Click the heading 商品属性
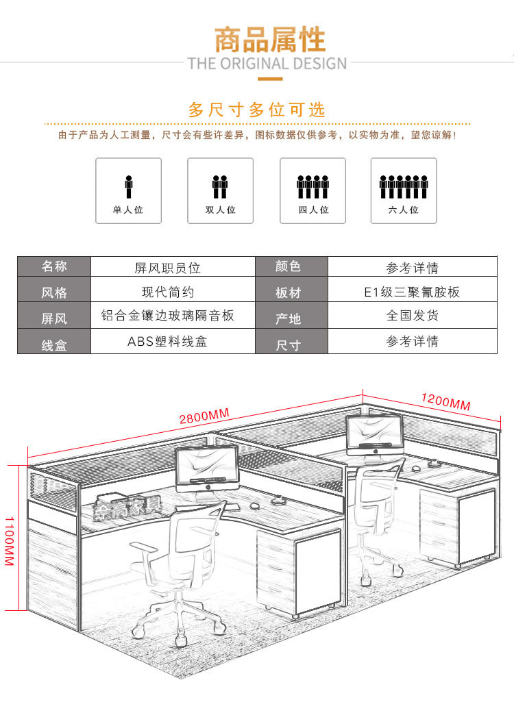click(x=269, y=40)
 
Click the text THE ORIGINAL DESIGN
click(x=267, y=64)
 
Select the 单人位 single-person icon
click(x=128, y=190)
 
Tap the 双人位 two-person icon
click(x=220, y=190)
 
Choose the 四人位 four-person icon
click(x=313, y=190)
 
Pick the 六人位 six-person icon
click(x=404, y=190)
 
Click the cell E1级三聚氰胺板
click(x=412, y=292)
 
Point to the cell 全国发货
click(x=412, y=316)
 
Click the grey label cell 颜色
click(x=288, y=267)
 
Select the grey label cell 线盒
click(x=54, y=342)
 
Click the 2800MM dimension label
click(x=204, y=416)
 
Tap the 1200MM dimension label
click(x=445, y=401)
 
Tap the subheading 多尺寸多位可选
click(x=257, y=110)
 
